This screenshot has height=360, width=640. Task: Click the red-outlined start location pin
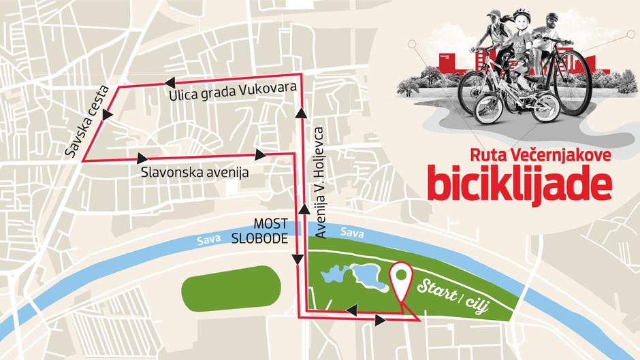click(401, 280)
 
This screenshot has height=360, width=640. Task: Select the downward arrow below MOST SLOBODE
click(298, 259)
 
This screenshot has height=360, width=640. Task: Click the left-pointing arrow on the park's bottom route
click(352, 311)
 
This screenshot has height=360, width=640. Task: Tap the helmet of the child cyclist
click(522, 14)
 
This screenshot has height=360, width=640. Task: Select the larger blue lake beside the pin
click(367, 277)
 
